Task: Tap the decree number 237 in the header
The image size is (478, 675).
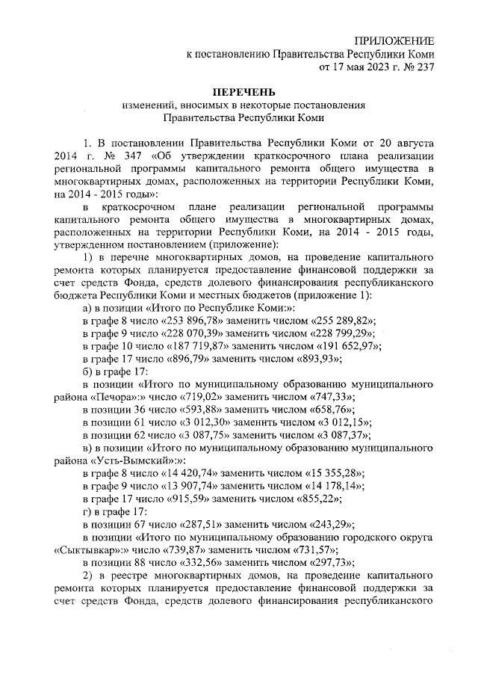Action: point(424,67)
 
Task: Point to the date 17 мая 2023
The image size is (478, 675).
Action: point(356,67)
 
